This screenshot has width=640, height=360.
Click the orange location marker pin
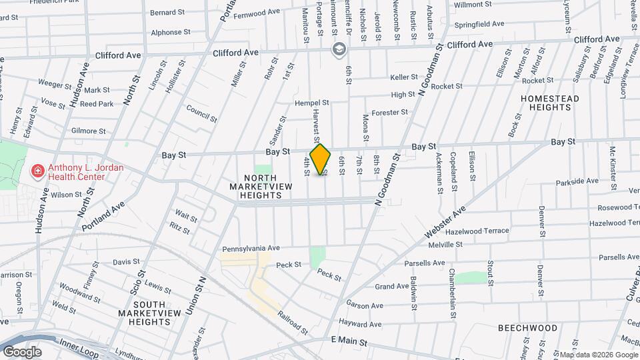coord(321,159)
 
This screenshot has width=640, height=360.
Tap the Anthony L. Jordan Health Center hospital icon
coord(39,171)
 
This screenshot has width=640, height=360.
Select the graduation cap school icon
coord(339,49)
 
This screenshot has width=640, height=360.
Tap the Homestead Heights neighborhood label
coord(549,103)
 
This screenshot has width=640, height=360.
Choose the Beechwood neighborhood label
coord(527,328)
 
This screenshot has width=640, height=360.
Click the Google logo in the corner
coord(21,351)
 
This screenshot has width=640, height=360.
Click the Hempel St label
coord(312,103)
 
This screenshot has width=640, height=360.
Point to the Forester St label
coord(389,113)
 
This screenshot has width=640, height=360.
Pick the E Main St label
coord(349,341)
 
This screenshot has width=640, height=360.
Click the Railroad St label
coord(293,323)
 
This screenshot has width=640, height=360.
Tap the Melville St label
coord(445,245)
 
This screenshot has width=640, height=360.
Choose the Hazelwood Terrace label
coord(477,231)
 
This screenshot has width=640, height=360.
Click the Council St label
coord(201,113)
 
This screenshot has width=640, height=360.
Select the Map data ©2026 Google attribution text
coord(598,355)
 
